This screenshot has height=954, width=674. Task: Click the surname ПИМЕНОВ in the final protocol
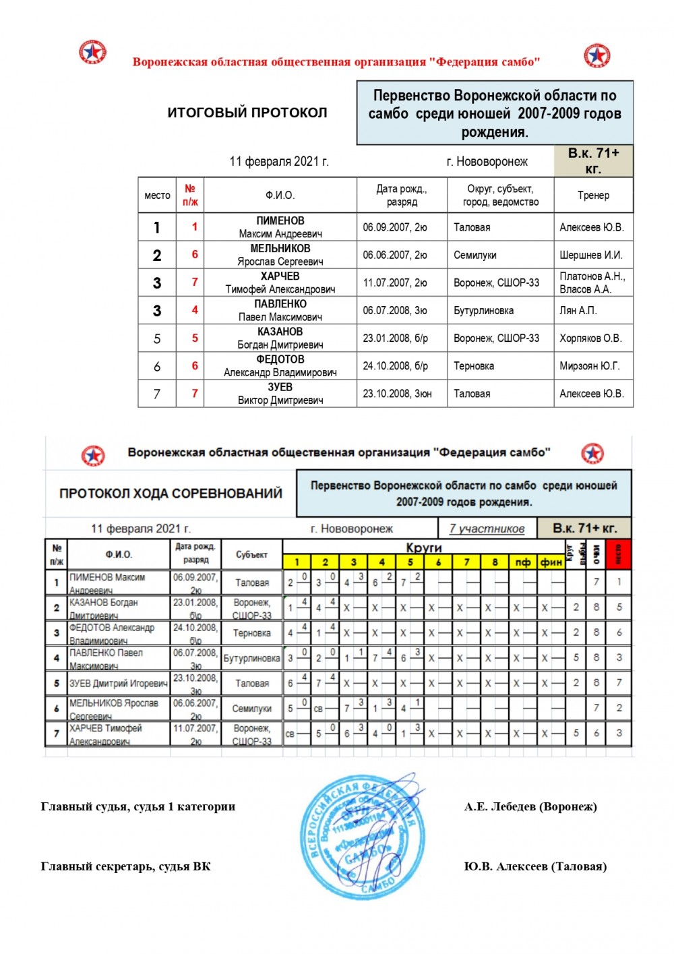pyautogui.click(x=280, y=221)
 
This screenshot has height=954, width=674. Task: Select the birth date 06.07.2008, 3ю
pyautogui.click(x=395, y=311)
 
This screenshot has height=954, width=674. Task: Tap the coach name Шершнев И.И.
pyautogui.click(x=591, y=256)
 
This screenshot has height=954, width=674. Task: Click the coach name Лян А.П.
pyautogui.click(x=578, y=311)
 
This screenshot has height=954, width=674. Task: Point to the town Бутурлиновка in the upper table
pyautogui.click(x=483, y=311)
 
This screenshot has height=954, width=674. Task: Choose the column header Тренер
pyautogui.click(x=593, y=196)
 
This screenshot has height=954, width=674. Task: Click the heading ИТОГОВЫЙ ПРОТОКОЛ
pyautogui.click(x=247, y=113)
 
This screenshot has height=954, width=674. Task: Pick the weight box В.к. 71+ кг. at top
pyautogui.click(x=593, y=161)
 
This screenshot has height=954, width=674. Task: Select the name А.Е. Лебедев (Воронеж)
pyautogui.click(x=530, y=807)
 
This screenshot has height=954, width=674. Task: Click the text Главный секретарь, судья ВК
pyautogui.click(x=126, y=867)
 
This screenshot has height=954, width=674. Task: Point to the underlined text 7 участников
pyautogui.click(x=487, y=529)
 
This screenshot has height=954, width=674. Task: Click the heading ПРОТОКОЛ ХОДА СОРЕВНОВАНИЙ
pyautogui.click(x=171, y=494)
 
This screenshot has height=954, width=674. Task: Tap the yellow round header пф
pyautogui.click(x=523, y=562)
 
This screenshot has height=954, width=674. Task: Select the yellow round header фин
pyautogui.click(x=551, y=562)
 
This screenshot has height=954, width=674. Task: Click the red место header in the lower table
pyautogui.click(x=619, y=554)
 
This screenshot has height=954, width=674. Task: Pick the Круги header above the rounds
pyautogui.click(x=423, y=547)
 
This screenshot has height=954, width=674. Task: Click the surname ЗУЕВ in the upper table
pyautogui.click(x=280, y=388)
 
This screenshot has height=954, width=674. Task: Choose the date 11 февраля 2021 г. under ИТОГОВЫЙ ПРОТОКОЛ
pyautogui.click(x=279, y=162)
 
